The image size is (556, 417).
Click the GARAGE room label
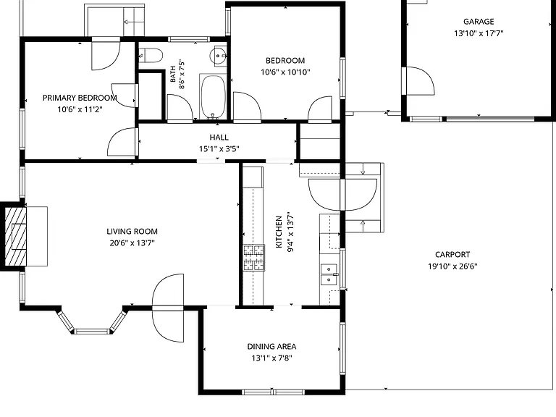479,22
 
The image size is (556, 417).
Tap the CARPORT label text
452,255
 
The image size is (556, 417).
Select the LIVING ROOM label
132,232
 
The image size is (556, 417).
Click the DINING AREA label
271,347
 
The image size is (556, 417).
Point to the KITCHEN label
279,232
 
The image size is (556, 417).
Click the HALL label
219,138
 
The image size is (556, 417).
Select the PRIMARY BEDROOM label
80,98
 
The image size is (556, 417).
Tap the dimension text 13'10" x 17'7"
479,33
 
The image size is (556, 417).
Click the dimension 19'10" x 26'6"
452,266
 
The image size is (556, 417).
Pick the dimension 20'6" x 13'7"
132,243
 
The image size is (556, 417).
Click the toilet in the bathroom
151,55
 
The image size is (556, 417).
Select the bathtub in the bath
213,97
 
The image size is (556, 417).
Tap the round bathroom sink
218,56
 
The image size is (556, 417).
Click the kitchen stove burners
253,258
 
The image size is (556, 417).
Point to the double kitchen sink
329,274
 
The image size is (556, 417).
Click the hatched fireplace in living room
16,237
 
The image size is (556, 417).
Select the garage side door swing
420,81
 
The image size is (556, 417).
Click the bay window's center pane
92,332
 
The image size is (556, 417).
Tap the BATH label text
173,74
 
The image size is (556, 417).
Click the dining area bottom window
273,392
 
